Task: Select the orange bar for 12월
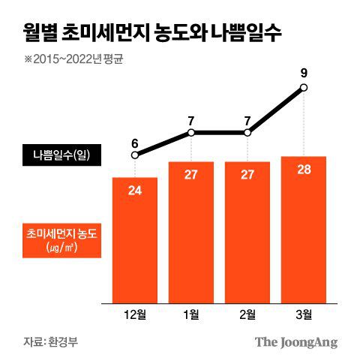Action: (x=135, y=240)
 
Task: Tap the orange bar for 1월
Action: (x=191, y=233)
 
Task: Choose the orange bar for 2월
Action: (x=247, y=233)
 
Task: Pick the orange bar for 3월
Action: (x=304, y=229)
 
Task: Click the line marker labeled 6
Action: (x=135, y=155)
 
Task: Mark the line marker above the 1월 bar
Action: (x=191, y=133)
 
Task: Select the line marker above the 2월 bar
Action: (x=247, y=133)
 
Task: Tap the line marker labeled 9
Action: (x=304, y=88)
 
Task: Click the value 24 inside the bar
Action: (x=135, y=191)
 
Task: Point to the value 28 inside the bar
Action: (x=304, y=169)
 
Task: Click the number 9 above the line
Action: (x=304, y=74)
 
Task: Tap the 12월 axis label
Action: (x=135, y=313)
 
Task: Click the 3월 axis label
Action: (x=304, y=313)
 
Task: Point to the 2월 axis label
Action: (x=247, y=313)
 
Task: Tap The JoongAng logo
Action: (x=295, y=342)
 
